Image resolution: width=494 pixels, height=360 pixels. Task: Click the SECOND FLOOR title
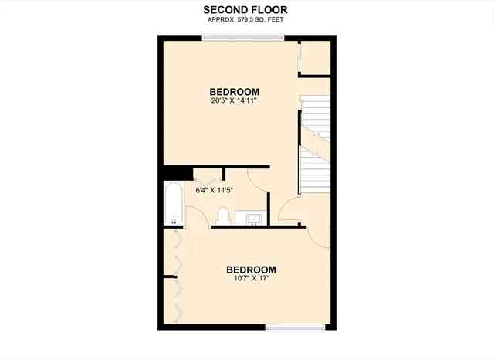pos(246,9)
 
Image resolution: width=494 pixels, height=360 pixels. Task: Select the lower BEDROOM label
pos(251,270)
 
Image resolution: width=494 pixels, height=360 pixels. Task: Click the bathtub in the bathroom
pos(174,203)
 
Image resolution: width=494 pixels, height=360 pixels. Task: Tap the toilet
pos(223,213)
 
